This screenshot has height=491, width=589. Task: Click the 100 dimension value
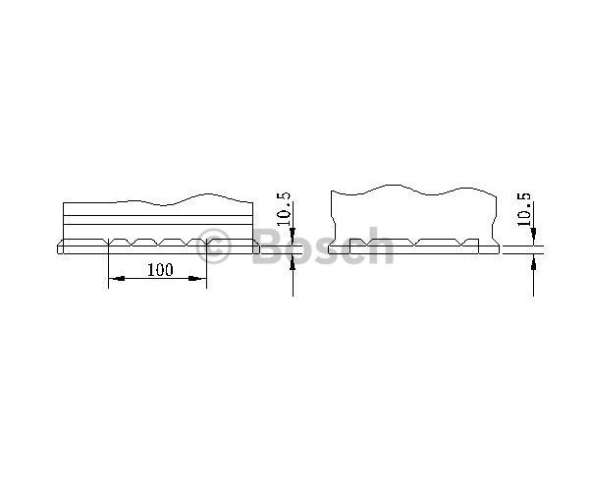[x=160, y=270]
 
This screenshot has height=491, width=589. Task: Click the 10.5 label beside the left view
[x=284, y=208]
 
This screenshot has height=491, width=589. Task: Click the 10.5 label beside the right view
[x=523, y=209]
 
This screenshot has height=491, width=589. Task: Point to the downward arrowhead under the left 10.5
[x=293, y=233]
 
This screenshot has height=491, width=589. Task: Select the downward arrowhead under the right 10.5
[x=533, y=233]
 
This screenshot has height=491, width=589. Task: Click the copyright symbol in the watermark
[x=213, y=246]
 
